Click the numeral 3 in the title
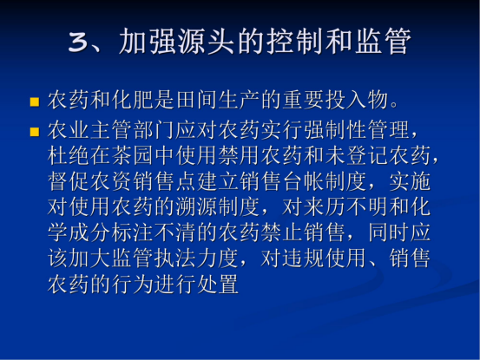coord(79,42)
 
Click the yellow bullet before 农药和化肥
coord(35,101)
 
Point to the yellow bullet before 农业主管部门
coord(35,132)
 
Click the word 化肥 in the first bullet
coord(133,100)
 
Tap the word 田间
coord(197,100)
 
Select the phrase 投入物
coord(358,100)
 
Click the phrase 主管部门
coord(133,129)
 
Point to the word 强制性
coord(336,129)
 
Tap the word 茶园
coord(133,155)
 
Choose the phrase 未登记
coord(358,155)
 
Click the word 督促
coord(69,181)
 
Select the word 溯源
coord(197,206)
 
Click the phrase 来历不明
coord(346,206)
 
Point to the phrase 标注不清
coord(155,232)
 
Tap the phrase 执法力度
coord(197,259)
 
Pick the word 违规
coord(304,259)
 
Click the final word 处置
coord(219,284)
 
